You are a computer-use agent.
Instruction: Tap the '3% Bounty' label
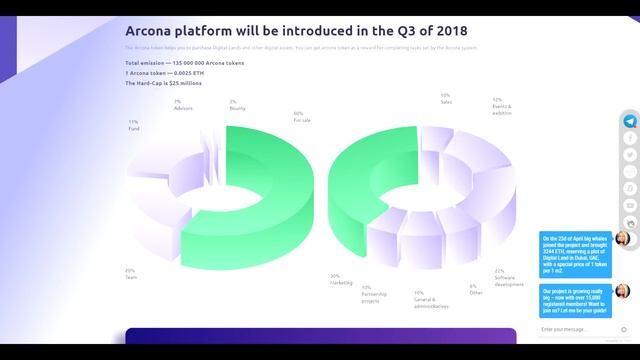pos(234,105)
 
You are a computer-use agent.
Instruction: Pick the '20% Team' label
pos(130,273)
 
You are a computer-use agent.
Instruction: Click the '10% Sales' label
pos(446,99)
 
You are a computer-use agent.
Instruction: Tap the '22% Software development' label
pos(507,277)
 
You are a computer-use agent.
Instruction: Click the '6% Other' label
pos(474,288)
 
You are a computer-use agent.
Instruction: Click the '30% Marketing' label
pos(341,279)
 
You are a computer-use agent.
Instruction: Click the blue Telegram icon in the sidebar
pos(629,121)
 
